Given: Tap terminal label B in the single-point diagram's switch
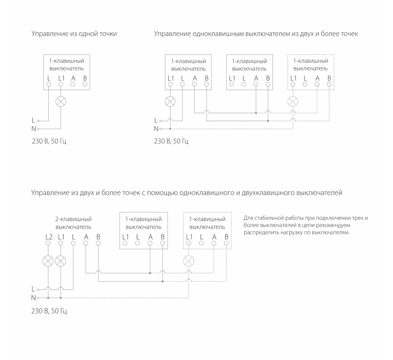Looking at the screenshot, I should point(85,78).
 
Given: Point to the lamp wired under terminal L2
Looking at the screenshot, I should point(48,261).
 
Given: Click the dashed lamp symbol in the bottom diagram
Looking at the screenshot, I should point(189,261).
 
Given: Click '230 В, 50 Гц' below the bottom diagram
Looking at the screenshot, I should point(49,311).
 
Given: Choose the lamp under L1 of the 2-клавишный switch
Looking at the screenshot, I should point(61,261).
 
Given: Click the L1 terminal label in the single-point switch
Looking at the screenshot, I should point(61,78).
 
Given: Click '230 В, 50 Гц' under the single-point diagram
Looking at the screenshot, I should point(49,142).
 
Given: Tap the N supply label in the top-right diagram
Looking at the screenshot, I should point(156,129).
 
